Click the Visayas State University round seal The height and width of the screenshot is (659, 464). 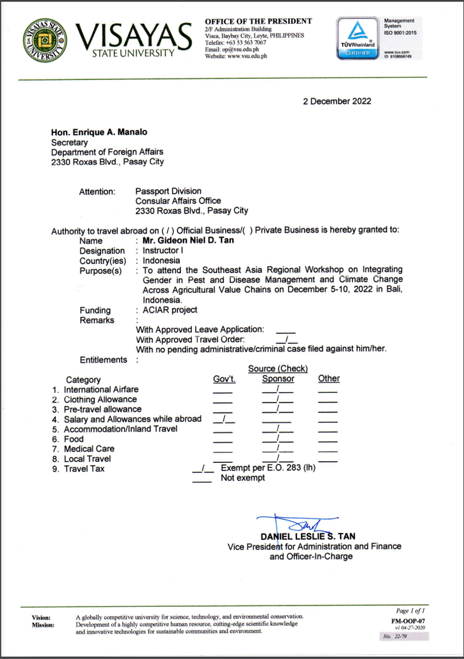pos(46,40)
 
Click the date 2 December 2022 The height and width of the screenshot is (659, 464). pos(337,101)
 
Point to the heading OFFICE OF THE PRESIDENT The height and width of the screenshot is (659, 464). pos(258,21)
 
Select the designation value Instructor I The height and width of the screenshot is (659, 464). pos(163,251)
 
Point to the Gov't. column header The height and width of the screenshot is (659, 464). pos(224,379)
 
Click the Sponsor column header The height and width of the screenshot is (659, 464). pos(278,379)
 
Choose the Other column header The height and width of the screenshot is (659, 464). pos(328,379)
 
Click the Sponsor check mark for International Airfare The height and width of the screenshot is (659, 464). pos(278,389)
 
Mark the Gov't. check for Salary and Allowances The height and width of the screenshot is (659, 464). pos(224,419)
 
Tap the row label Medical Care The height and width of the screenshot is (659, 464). pos(89,448)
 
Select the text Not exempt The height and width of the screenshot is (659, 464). pos(242,478)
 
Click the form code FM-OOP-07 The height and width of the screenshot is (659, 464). pos(409,620)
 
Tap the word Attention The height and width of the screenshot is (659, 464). pos(97,191)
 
